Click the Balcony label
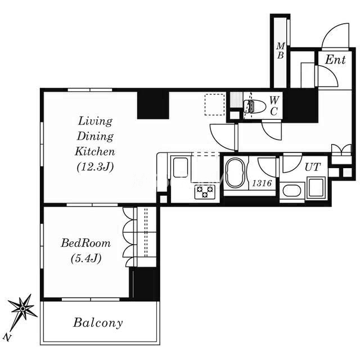tap(98, 323)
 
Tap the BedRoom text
tap(85, 243)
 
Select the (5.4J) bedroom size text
tap(86, 258)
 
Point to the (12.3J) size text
tap(95, 167)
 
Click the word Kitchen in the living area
tap(95, 151)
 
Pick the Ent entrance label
tap(335, 60)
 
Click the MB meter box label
tap(280, 51)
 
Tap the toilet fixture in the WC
tap(254, 106)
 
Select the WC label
tap(274, 106)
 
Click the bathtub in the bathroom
tap(235, 173)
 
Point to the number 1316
tap(262, 183)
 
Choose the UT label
tap(313, 167)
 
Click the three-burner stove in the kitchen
tap(205, 192)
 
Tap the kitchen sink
tap(180, 168)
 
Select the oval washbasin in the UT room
tap(292, 191)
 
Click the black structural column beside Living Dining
tap(153, 105)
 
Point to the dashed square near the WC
tap(215, 105)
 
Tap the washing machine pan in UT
tap(316, 188)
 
